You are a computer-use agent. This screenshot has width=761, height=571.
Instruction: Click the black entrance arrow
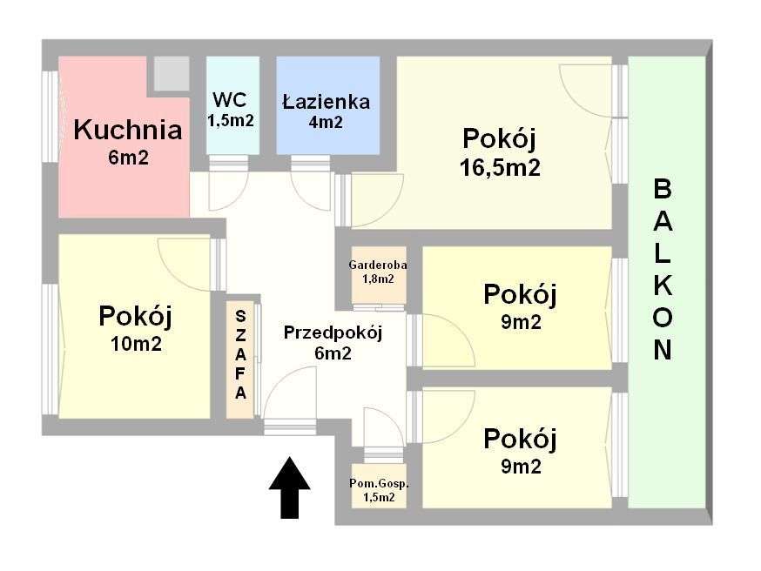click(x=289, y=488)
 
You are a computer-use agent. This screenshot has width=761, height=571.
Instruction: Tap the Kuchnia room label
click(x=128, y=131)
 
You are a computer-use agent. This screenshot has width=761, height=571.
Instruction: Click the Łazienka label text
click(x=327, y=101)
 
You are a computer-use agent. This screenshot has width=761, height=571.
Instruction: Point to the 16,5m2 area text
click(x=500, y=167)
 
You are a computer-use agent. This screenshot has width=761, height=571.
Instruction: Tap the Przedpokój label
click(x=333, y=332)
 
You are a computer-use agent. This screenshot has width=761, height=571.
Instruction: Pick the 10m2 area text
click(x=136, y=344)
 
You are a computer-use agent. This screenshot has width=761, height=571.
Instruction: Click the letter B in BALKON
click(x=663, y=188)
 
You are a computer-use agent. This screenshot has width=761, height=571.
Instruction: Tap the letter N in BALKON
click(x=663, y=350)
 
